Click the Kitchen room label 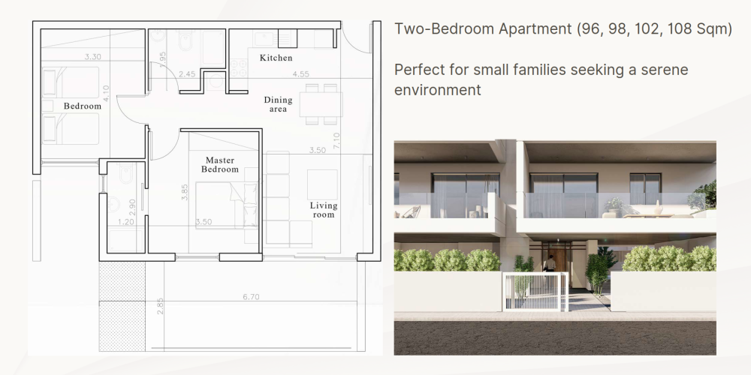point(276,58)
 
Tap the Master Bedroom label point(220,164)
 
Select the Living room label point(323,210)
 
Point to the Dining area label point(278,104)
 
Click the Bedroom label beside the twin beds point(83,106)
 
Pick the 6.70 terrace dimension point(251,297)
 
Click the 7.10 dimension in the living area point(336,141)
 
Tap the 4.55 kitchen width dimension point(301,74)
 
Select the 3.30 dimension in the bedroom point(93,56)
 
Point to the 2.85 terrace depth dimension point(161,306)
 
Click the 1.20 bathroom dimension point(126,222)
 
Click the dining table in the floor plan point(321,104)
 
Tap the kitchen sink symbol point(264,39)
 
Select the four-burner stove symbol point(239,67)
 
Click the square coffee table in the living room point(322,184)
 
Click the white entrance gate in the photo point(535,291)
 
